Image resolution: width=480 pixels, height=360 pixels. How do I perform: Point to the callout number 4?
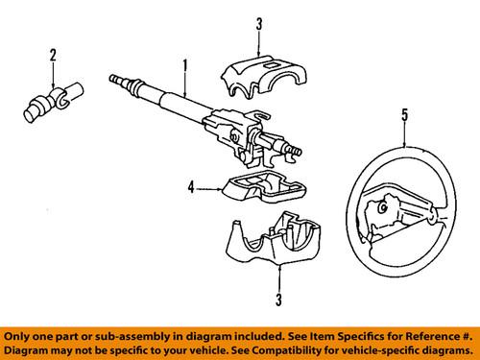(190, 189)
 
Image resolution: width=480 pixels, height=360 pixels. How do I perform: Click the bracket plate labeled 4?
(252, 188)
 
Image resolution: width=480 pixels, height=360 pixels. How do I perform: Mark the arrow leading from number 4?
(208, 189)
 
